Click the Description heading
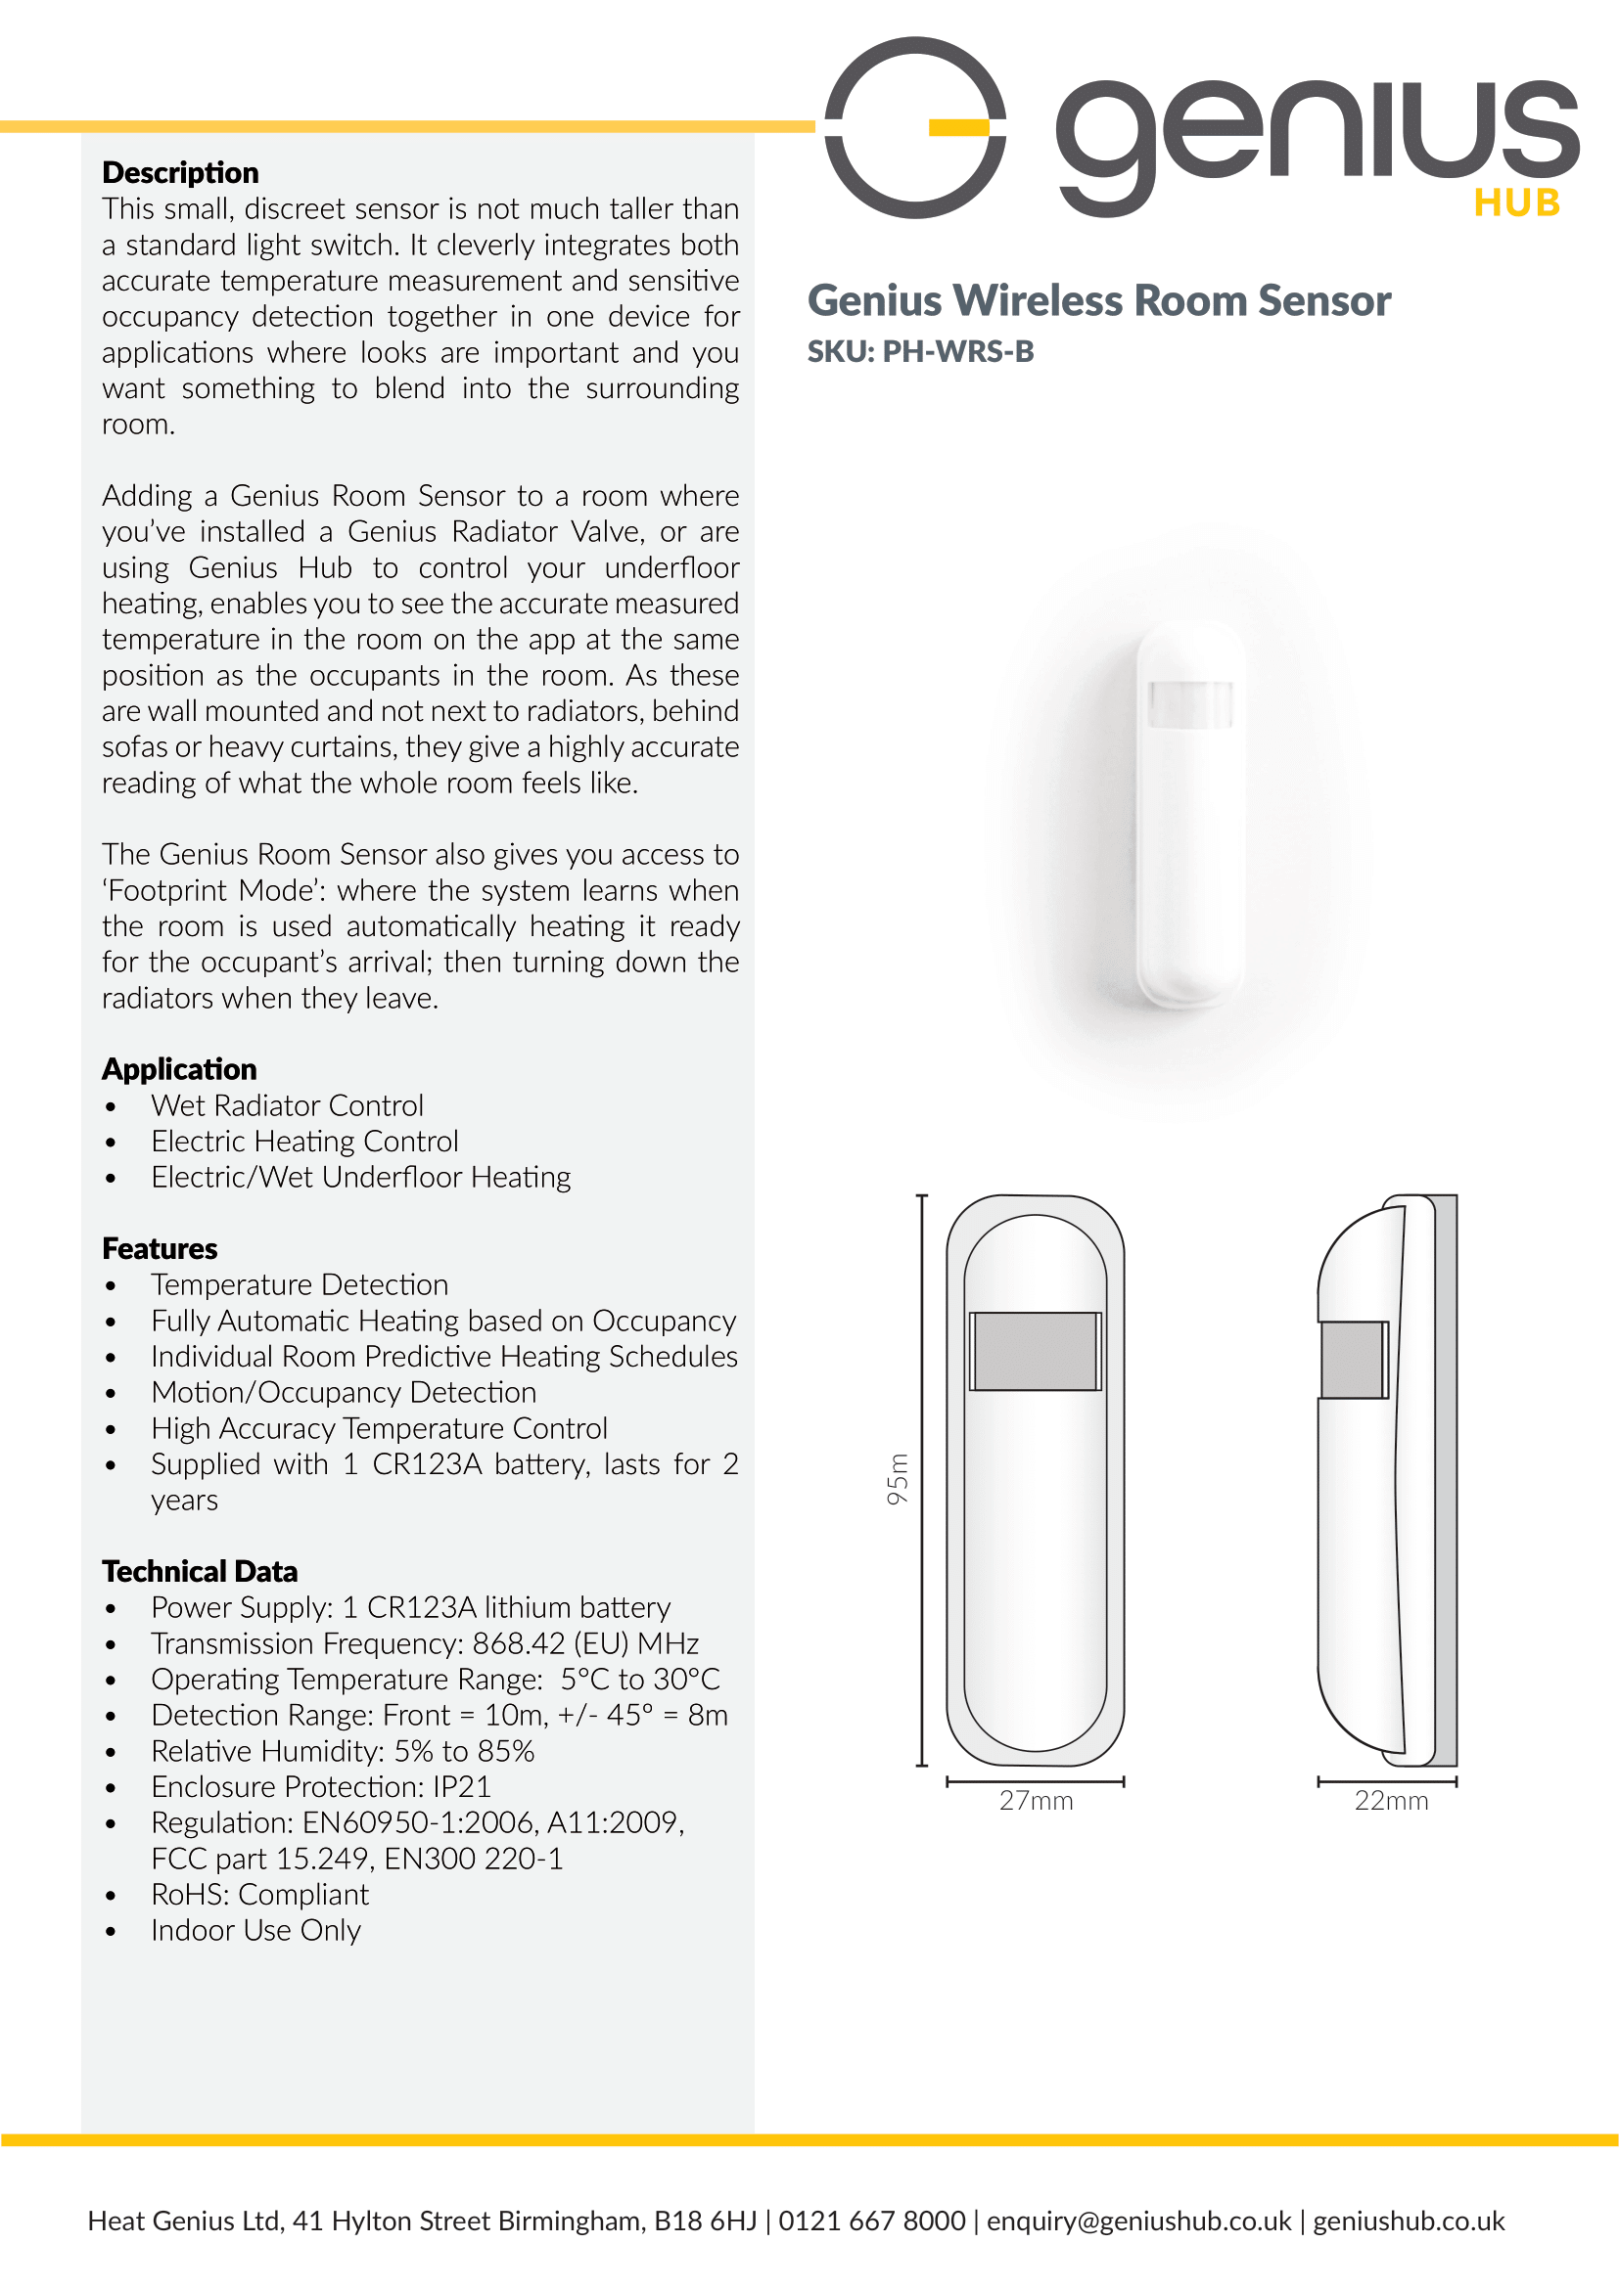pos(180,172)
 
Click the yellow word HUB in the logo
pos(1516,203)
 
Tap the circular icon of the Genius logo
pos(915,127)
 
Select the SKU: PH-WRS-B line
pos(920,352)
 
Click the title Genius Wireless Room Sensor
pos(1098,301)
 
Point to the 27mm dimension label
pos(1036,1801)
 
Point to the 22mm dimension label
pos(1391,1801)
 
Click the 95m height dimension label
pos(899,1479)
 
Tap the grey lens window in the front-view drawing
pos(1035,1351)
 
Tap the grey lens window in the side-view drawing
pos(1353,1361)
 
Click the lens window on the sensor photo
pos(1190,703)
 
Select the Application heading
pos(179,1069)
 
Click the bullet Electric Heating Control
pos(304,1141)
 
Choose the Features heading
pos(160,1248)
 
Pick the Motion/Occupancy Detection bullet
pos(343,1392)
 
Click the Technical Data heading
pos(200,1572)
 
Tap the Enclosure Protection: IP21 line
pos(320,1787)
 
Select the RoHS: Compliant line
pos(259,1895)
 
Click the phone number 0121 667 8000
pos(871,2221)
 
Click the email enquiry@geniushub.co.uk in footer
pos(1138,2221)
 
